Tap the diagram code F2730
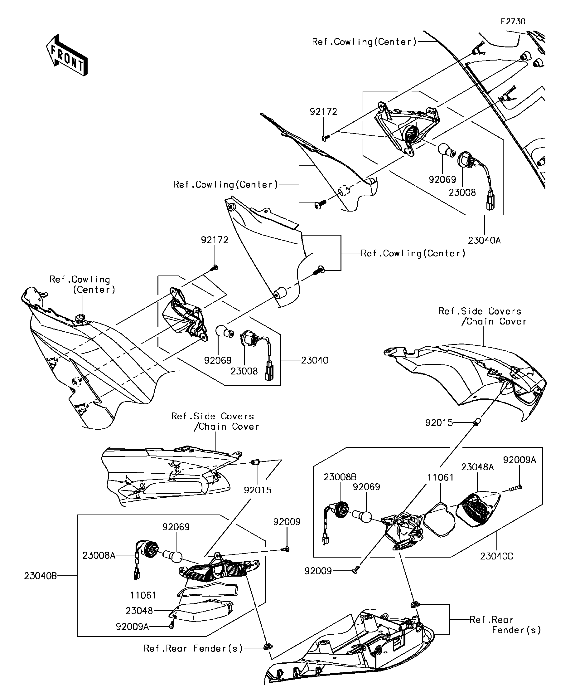click(513, 22)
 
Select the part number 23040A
click(484, 240)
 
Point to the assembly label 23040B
click(40, 576)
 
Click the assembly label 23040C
click(496, 556)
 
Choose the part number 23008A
click(99, 555)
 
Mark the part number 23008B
click(340, 477)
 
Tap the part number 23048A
click(477, 467)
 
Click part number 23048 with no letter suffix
click(139, 611)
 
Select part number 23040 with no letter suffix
click(314, 360)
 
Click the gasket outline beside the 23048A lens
click(439, 520)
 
